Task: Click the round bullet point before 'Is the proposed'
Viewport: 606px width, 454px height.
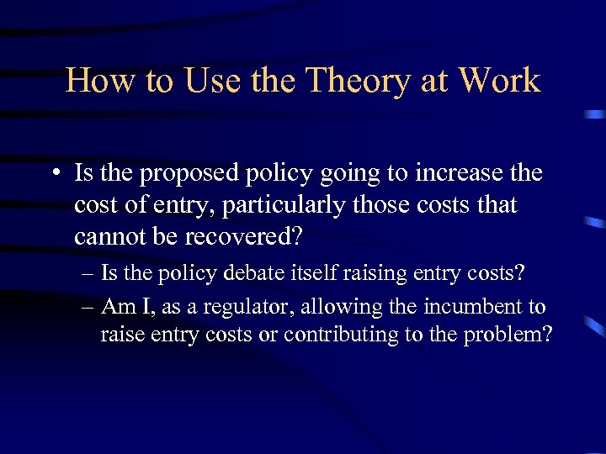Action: [x=55, y=174]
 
